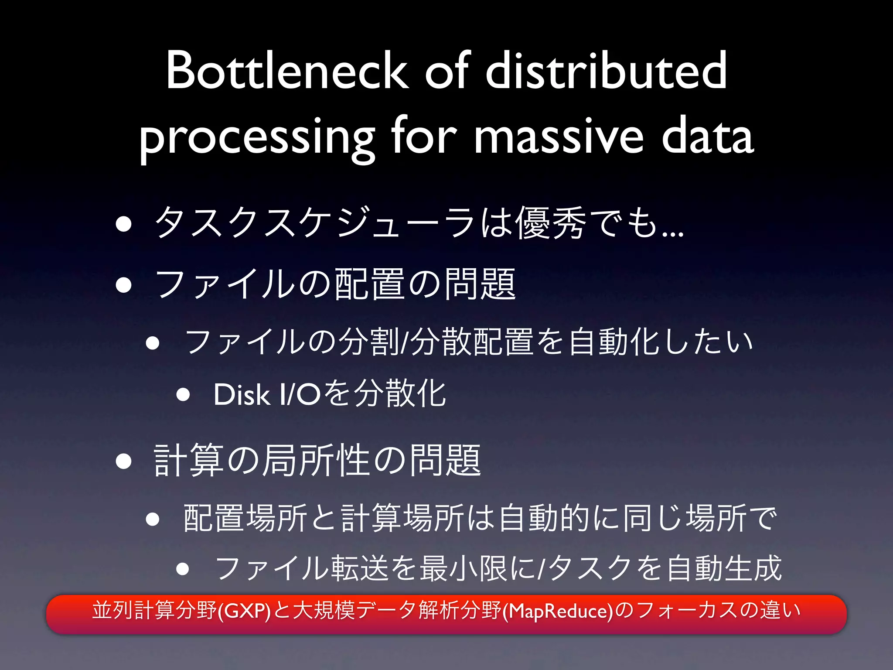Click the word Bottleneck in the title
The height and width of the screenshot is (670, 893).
tap(287, 71)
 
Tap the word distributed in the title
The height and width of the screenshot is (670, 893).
tap(606, 71)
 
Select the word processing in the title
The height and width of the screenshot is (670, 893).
tap(257, 137)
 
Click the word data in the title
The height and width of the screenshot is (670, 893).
tap(707, 137)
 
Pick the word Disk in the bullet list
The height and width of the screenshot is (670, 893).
tap(241, 395)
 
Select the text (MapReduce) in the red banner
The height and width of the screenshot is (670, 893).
tap(558, 611)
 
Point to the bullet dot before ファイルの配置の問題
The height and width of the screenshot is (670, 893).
tap(124, 285)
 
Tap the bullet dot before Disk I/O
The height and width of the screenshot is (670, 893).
tap(183, 395)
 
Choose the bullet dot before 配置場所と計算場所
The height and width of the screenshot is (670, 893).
tap(153, 519)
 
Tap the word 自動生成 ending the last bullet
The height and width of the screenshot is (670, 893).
tap(724, 568)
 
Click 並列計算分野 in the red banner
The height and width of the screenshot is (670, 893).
tap(154, 610)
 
